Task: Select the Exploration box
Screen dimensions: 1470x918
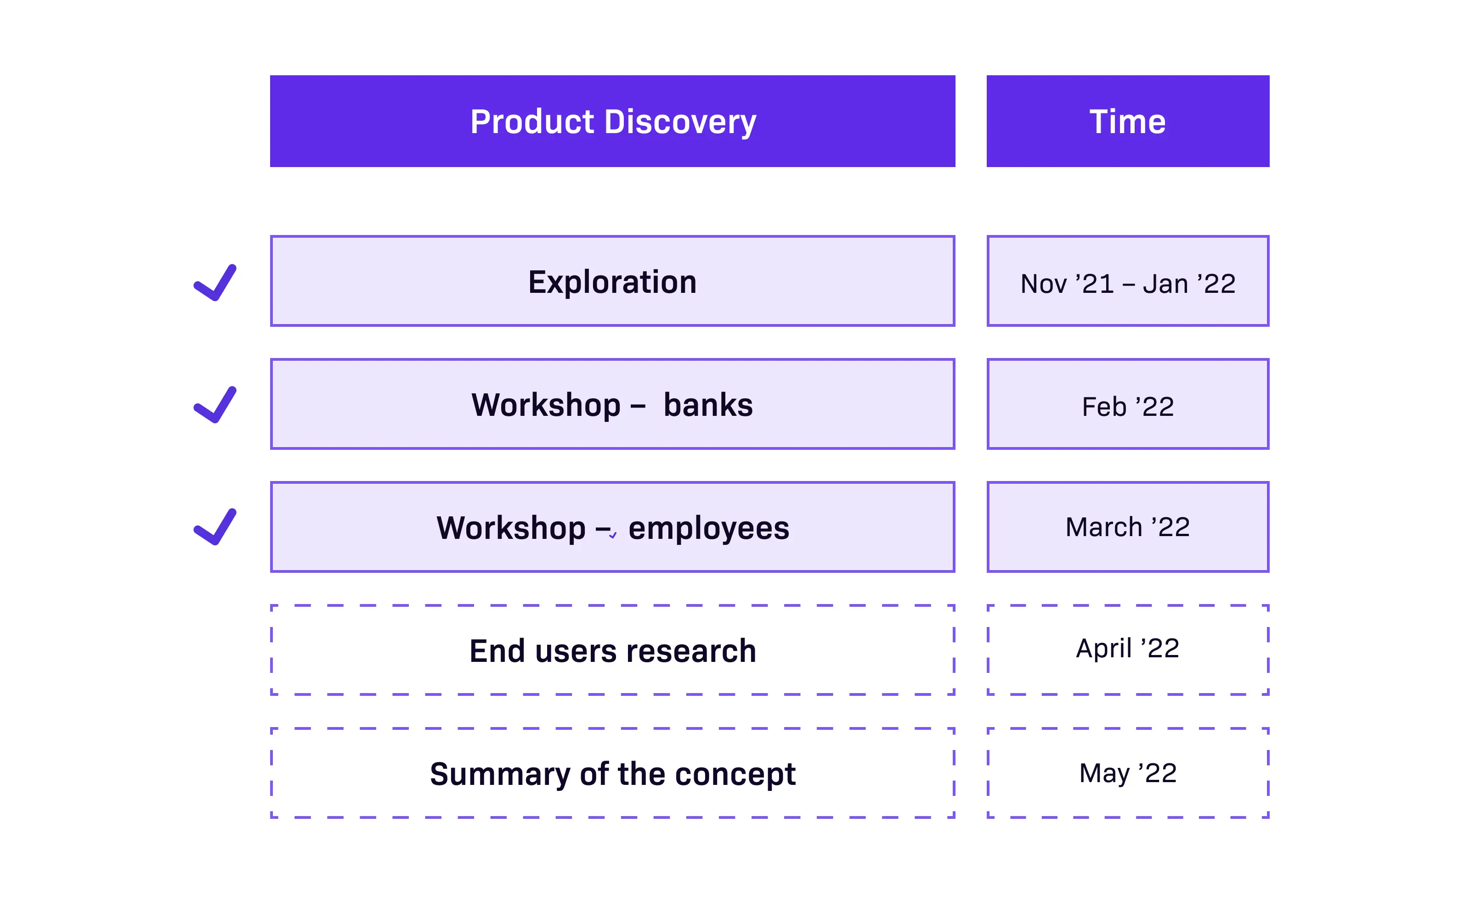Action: (x=612, y=281)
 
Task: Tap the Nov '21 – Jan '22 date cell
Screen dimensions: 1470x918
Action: (x=1128, y=281)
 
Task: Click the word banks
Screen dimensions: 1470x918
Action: (x=708, y=404)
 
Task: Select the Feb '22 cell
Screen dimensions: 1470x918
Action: (x=1128, y=404)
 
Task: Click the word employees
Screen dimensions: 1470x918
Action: (x=709, y=529)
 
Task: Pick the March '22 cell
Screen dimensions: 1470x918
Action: (x=1128, y=527)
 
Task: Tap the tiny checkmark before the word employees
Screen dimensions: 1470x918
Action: (x=613, y=535)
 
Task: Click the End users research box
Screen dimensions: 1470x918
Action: (x=612, y=649)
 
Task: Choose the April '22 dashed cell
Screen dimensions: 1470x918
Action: (x=1128, y=649)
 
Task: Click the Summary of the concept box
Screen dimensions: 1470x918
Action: (x=612, y=773)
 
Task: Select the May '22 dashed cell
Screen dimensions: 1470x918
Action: (x=1128, y=773)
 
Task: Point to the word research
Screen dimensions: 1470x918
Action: (x=691, y=651)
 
